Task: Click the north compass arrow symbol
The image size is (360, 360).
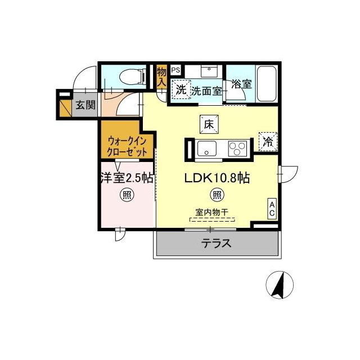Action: click(279, 285)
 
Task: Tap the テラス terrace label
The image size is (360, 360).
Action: click(217, 244)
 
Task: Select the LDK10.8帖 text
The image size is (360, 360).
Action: click(217, 178)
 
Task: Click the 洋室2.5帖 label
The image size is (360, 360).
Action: click(127, 178)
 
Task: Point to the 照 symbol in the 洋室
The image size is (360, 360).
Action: click(127, 196)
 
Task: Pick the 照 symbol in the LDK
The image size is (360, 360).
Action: click(217, 196)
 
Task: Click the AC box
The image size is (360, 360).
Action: click(272, 209)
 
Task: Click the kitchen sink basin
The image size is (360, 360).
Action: click(206, 150)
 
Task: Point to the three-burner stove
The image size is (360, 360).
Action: click(237, 150)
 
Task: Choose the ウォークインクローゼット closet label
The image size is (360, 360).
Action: click(128, 146)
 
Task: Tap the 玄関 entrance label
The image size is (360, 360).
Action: click(85, 105)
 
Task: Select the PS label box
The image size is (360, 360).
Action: click(175, 70)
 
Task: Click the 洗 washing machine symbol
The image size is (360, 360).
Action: click(181, 89)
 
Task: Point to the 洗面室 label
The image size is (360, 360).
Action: click(205, 90)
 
